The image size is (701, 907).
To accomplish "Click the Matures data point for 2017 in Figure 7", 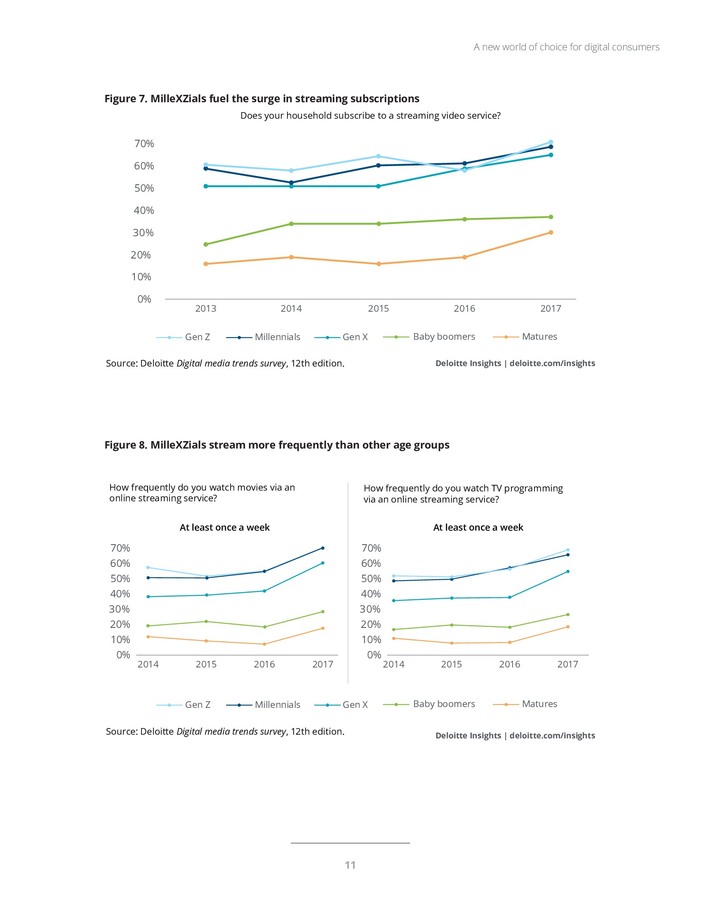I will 550,233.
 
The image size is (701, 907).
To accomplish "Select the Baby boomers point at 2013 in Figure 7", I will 206,244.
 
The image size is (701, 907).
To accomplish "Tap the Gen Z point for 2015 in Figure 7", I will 378,156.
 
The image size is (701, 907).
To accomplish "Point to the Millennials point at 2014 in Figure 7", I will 291,183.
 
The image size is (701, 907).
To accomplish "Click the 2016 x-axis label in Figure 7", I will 464,308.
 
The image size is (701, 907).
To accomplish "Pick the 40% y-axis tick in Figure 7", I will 143,211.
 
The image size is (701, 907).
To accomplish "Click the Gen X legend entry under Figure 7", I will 341,337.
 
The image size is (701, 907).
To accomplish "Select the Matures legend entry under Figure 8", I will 525,704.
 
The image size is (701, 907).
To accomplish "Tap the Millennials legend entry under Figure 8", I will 263,705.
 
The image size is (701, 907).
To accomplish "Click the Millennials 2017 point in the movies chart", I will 323,548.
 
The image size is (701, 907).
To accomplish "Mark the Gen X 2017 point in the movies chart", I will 323,563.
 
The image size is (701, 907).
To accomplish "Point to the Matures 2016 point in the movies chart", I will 264,644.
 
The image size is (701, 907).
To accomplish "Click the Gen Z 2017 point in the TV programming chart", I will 568,550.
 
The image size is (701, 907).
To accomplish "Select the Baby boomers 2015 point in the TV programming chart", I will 452,625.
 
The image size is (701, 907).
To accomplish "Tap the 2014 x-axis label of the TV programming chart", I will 393,665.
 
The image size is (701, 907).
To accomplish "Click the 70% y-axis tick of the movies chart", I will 120,548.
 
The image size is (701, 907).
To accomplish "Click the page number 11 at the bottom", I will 350,865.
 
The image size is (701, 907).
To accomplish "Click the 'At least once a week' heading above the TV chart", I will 478,527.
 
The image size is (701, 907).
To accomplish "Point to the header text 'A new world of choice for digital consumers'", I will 567,47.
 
